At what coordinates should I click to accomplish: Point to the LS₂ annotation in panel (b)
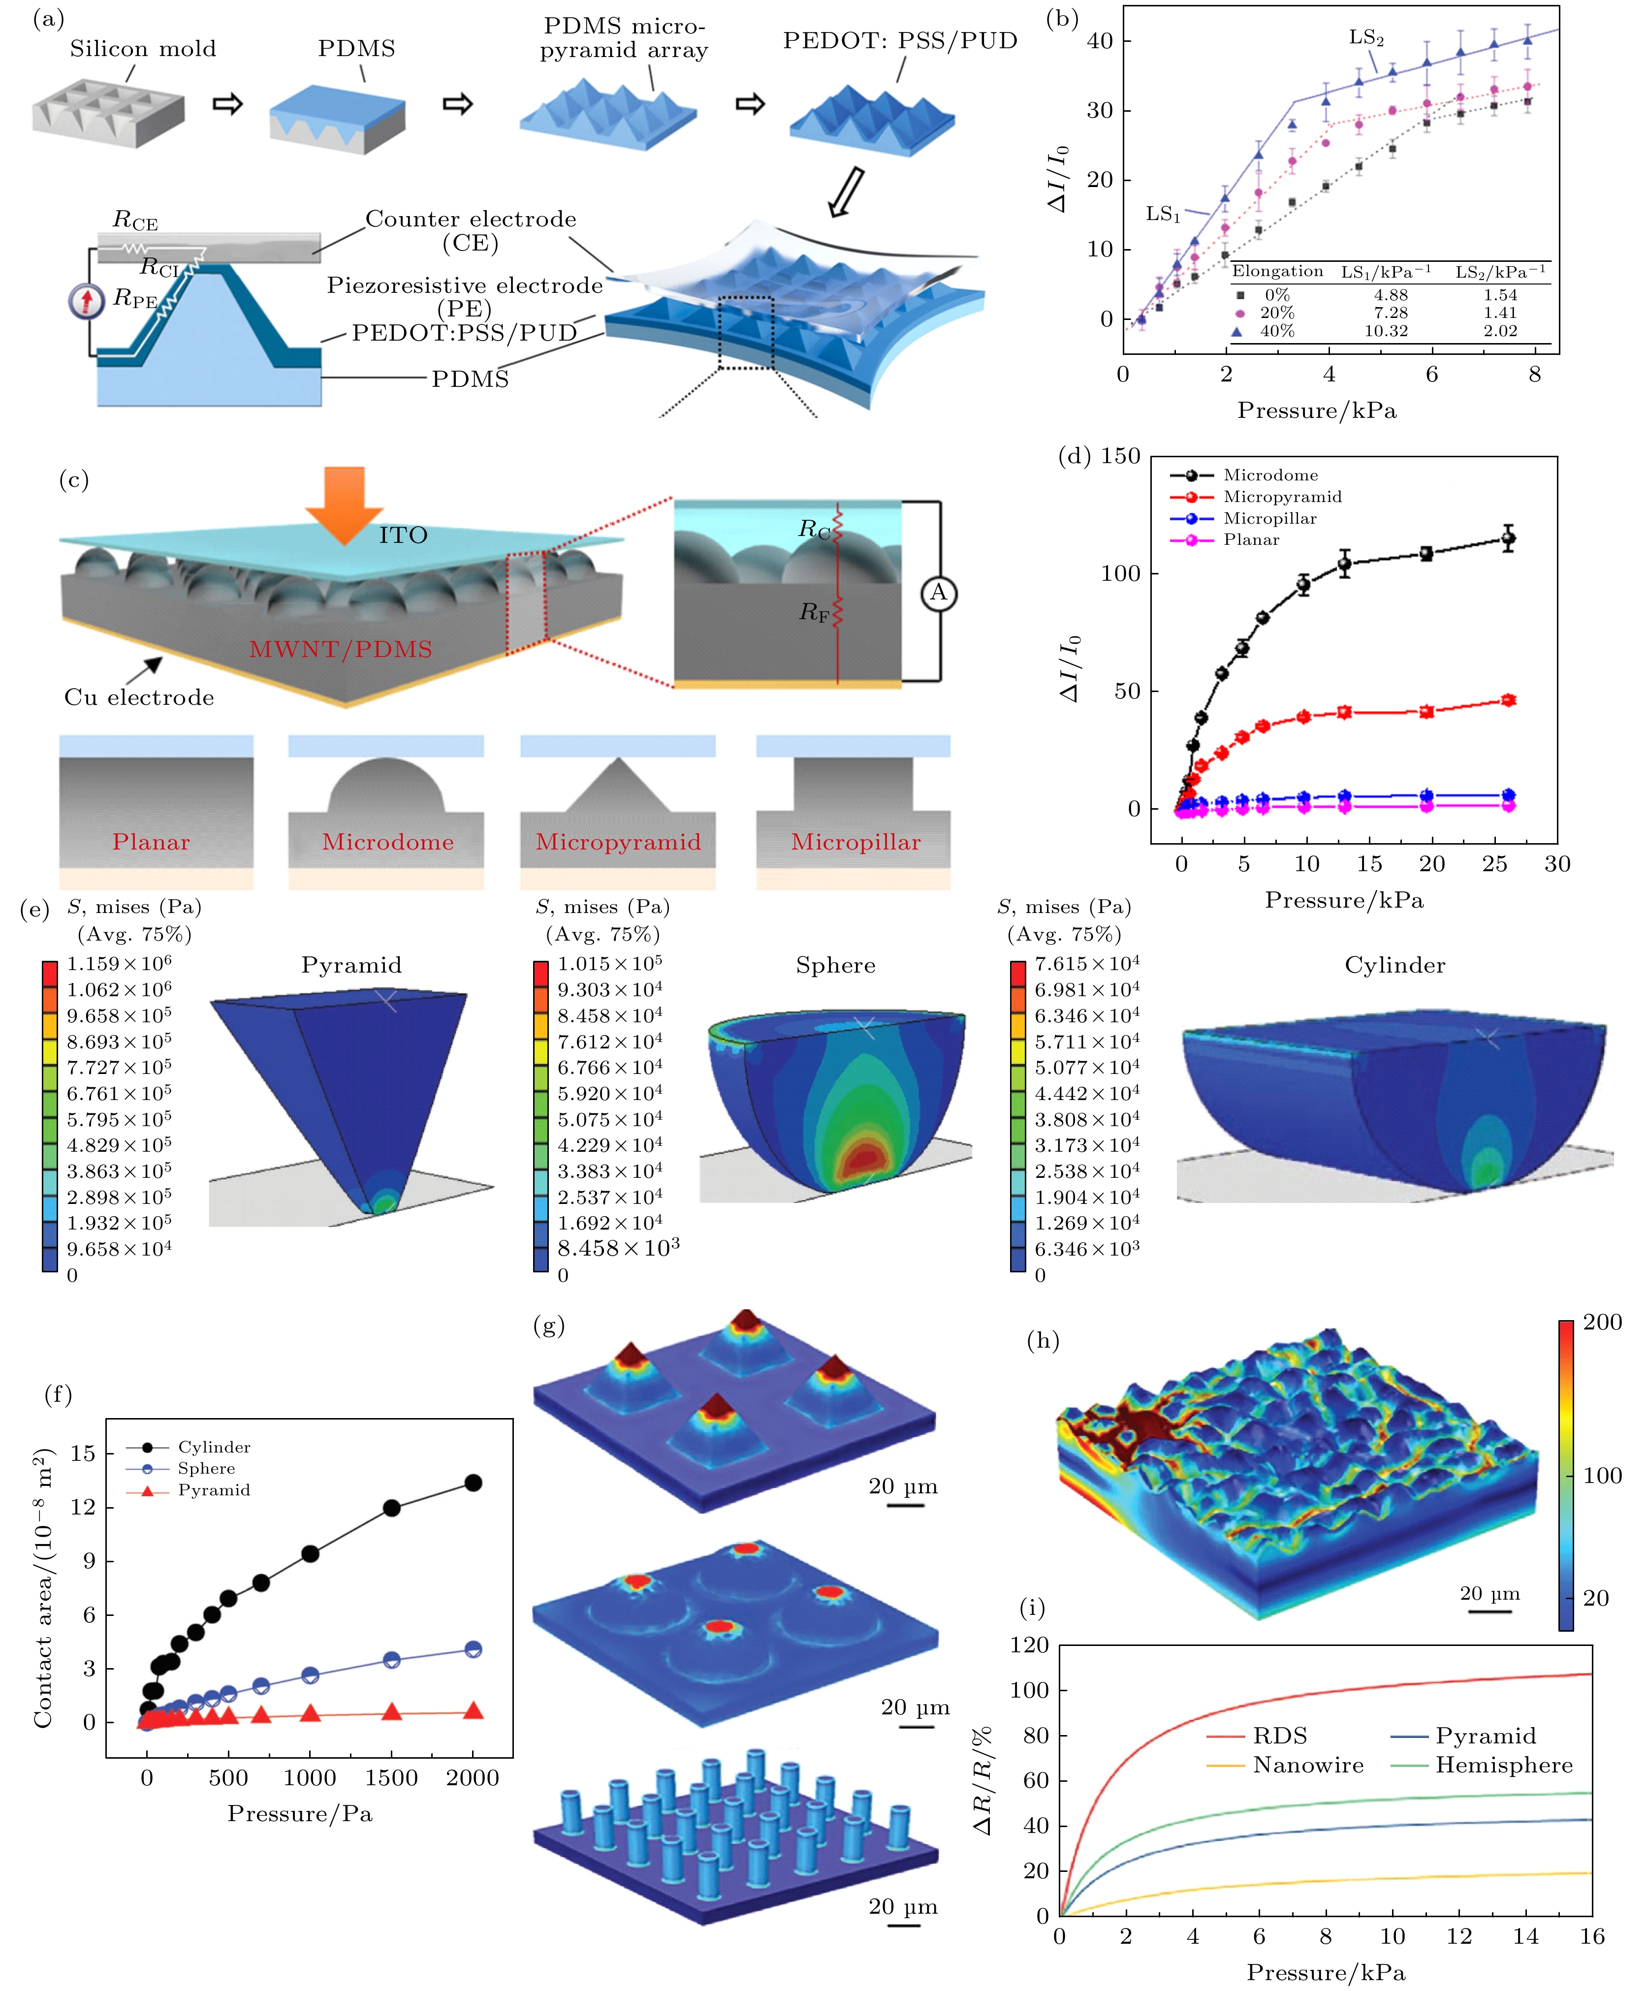point(1366,38)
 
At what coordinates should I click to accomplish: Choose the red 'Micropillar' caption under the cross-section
point(855,842)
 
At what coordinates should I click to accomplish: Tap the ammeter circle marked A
point(939,594)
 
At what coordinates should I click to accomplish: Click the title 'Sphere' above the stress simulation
point(835,965)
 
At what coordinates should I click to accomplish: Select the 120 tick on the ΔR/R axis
point(1030,1645)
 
